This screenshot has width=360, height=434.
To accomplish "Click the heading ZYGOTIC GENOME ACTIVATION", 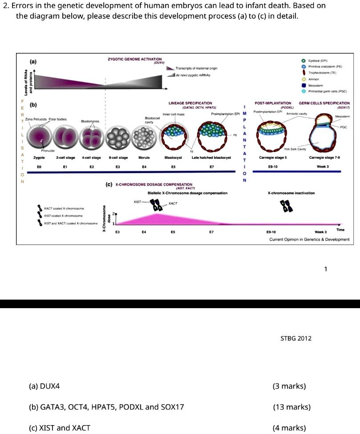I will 135,59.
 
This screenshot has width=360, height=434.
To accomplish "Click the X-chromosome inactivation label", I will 291,193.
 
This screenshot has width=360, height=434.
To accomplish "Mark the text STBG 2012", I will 296,338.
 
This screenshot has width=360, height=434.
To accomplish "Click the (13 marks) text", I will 291,407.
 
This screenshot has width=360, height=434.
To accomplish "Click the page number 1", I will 326,269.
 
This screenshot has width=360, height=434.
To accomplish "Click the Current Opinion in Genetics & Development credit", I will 309,239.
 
